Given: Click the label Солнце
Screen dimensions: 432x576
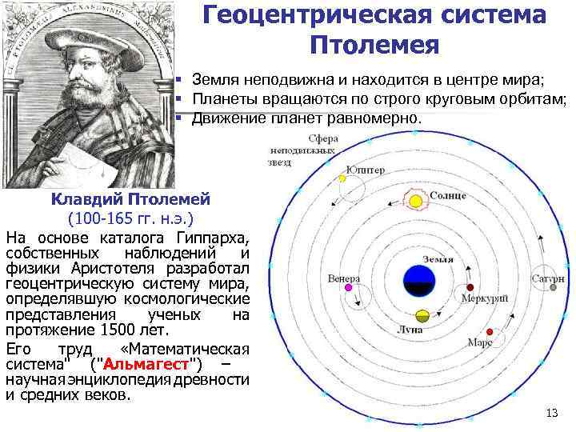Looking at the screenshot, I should pyautogui.click(x=447, y=195).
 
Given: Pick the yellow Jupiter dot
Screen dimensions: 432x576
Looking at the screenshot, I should pyautogui.click(x=342, y=178).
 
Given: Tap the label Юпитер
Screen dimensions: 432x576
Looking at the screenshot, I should pyautogui.click(x=365, y=170).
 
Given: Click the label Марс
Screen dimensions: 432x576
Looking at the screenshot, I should pyautogui.click(x=480, y=342).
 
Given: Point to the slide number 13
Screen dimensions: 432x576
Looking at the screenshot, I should pyautogui.click(x=550, y=413).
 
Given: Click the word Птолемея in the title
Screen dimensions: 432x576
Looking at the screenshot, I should pyautogui.click(x=374, y=43).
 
